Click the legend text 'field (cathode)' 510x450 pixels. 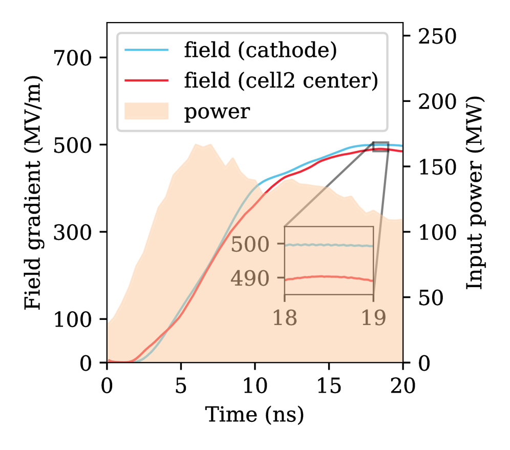(260, 50)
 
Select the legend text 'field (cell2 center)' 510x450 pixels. (281, 80)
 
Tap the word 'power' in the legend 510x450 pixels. (217, 111)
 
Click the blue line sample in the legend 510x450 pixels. (146, 50)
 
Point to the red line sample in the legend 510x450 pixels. (146, 80)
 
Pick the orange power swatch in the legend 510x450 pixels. (146, 111)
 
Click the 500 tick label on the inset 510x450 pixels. (250, 245)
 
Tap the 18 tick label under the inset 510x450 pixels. (284, 318)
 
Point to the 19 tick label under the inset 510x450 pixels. (373, 318)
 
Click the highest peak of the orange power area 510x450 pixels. (195, 144)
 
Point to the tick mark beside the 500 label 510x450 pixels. (281, 244)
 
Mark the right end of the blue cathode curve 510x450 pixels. (401, 146)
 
